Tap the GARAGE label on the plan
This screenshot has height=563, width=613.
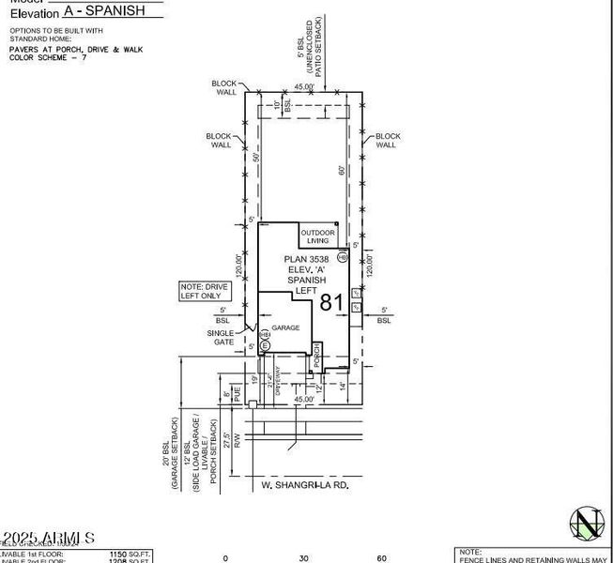point(285,327)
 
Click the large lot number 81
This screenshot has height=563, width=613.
point(331,302)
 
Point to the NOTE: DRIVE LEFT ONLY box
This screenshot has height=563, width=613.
point(205,291)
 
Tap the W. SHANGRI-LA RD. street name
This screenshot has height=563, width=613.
point(299,485)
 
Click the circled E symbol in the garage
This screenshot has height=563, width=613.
point(265,346)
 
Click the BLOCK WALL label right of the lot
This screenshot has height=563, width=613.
point(387,141)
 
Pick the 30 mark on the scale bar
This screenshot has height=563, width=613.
point(303,557)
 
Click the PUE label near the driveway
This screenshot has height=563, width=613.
point(238,396)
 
